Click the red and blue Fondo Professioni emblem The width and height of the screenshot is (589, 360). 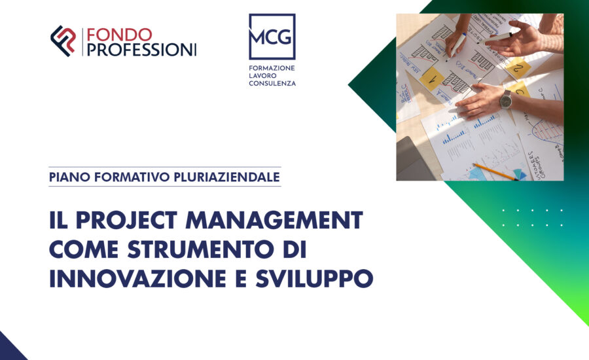[63, 41]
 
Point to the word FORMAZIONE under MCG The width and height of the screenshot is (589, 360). [272, 67]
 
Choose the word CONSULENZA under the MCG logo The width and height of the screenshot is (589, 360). [272, 84]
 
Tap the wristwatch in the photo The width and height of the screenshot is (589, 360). [505, 99]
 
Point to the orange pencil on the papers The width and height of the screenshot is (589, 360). [493, 171]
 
